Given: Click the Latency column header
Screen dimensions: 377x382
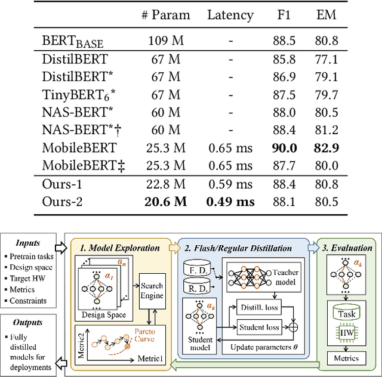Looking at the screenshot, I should [230, 16].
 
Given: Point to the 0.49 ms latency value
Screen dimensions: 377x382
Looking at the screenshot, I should [230, 201].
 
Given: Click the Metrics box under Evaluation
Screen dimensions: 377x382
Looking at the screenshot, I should [347, 358].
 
